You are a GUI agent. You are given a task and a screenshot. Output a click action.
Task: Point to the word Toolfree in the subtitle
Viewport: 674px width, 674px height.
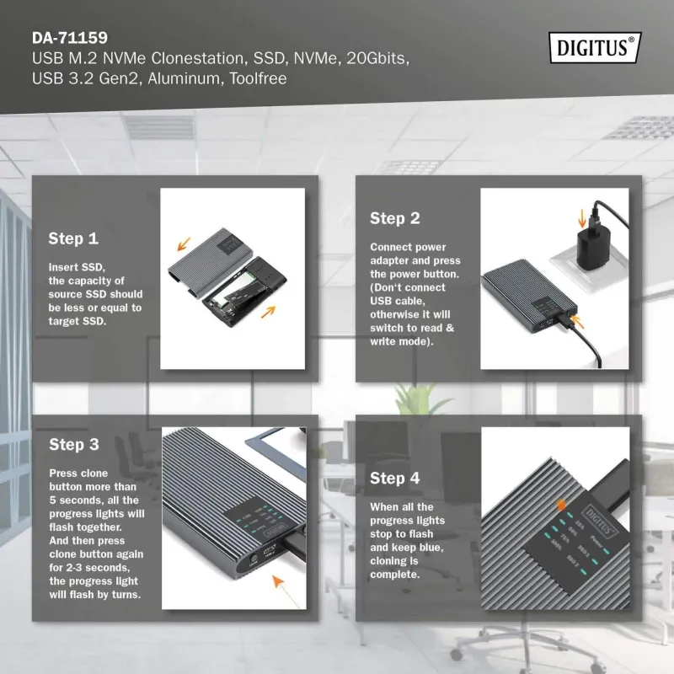point(258,79)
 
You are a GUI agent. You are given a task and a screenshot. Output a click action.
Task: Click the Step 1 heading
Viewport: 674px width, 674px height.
point(73,238)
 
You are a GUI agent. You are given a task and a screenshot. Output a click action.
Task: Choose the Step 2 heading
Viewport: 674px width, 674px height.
point(394,219)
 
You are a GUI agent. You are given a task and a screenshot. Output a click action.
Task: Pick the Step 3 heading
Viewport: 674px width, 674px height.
point(73,445)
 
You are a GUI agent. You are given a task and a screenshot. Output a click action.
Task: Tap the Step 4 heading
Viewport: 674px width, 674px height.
point(394,479)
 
